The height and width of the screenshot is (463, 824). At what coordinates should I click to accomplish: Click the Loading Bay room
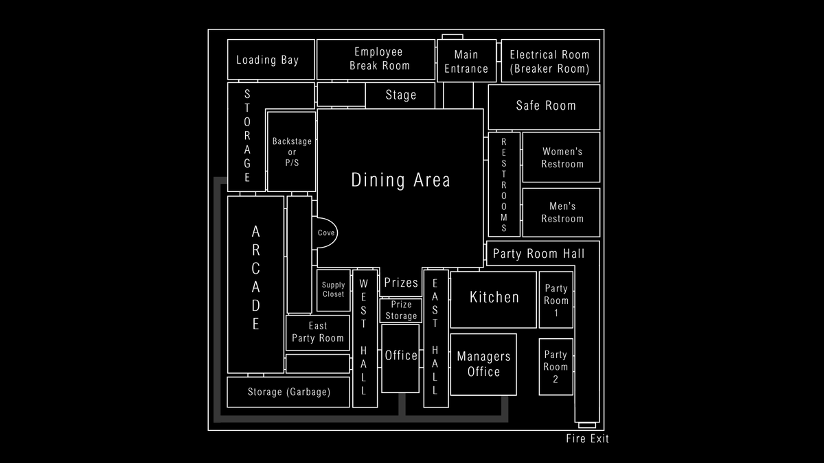[271, 60]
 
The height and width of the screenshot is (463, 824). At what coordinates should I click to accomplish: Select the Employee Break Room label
[379, 59]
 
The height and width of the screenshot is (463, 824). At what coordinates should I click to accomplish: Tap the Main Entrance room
[466, 60]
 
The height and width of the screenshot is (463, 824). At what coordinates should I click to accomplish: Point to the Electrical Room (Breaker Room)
[550, 60]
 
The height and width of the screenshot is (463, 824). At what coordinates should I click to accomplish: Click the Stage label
[400, 95]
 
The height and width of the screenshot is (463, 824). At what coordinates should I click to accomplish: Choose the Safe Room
[544, 107]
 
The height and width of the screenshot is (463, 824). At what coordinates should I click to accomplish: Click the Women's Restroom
[562, 157]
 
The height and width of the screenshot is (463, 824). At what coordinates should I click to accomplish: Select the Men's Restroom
[562, 213]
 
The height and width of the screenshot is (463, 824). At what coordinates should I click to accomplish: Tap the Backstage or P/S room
[292, 152]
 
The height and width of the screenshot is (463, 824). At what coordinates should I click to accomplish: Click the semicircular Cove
[325, 233]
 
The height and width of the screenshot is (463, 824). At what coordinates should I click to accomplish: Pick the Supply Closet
[333, 290]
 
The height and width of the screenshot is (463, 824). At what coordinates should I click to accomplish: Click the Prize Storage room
[400, 311]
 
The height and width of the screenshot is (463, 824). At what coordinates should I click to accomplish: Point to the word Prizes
[401, 283]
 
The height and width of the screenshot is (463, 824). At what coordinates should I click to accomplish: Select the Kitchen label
[494, 297]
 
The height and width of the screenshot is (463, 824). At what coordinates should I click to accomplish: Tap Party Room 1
[556, 300]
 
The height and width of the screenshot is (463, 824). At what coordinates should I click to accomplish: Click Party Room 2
[556, 367]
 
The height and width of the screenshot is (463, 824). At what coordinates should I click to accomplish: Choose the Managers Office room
[483, 364]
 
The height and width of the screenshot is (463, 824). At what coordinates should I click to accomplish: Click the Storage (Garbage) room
[288, 392]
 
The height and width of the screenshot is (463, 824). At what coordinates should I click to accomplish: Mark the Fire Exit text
[588, 439]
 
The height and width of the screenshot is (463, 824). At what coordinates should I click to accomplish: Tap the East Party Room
[318, 333]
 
